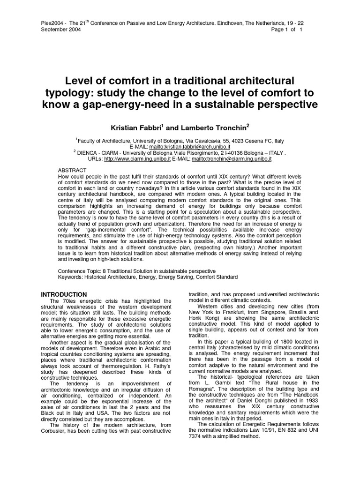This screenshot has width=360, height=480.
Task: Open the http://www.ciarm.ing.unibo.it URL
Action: coord(137,159)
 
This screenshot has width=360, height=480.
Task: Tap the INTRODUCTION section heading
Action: coord(63,294)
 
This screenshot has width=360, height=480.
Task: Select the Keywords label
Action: coord(70,277)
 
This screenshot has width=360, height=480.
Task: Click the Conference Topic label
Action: coord(80,271)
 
